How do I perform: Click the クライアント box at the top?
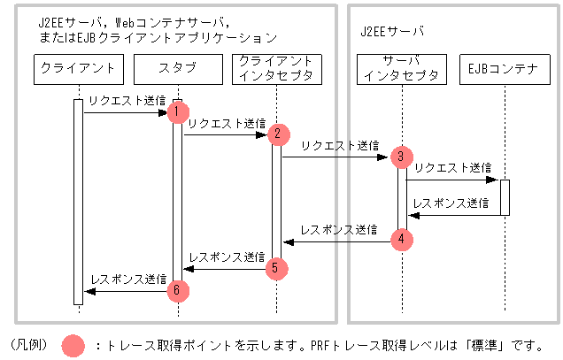click(x=78, y=68)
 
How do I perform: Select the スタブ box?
click(x=177, y=68)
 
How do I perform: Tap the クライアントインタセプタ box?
click(x=276, y=68)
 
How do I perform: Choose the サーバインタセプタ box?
click(x=402, y=68)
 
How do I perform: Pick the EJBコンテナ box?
click(x=505, y=68)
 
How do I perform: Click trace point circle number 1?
click(x=178, y=111)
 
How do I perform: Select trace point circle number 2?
click(x=277, y=134)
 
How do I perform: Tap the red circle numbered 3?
click(x=401, y=157)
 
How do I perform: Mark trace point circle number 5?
click(x=276, y=265)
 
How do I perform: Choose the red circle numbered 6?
click(x=178, y=289)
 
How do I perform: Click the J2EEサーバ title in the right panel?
click(x=392, y=31)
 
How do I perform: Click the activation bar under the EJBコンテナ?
click(x=505, y=197)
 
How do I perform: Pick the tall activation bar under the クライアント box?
click(x=78, y=202)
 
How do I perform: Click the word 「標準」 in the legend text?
click(x=490, y=345)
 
